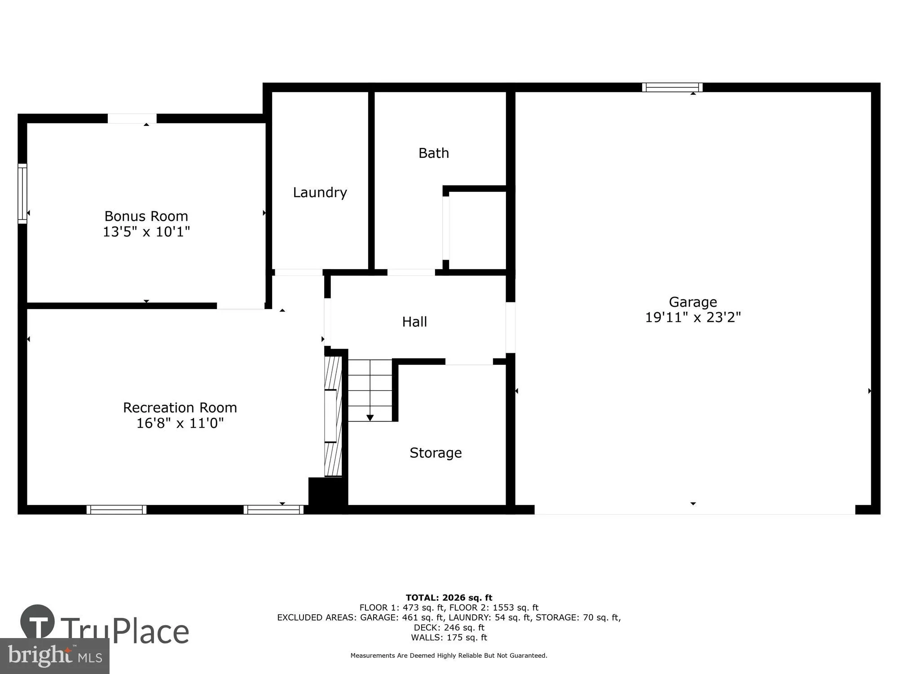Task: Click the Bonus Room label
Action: [x=146, y=216]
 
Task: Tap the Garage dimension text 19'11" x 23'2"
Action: [x=692, y=318]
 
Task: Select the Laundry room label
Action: [x=320, y=192]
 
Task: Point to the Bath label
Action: [x=433, y=153]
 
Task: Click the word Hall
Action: [x=414, y=322]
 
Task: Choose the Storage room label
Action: [x=435, y=452]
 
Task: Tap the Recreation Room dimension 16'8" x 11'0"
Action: [x=180, y=423]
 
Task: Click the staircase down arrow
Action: [x=370, y=418]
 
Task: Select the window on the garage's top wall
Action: [x=672, y=87]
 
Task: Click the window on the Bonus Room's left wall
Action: [x=22, y=193]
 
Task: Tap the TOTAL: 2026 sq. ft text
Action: [x=449, y=598]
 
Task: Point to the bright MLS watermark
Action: [x=54, y=656]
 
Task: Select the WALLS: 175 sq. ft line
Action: [x=449, y=637]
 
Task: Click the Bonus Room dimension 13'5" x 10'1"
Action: [x=146, y=232]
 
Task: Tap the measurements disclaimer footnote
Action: [x=449, y=656]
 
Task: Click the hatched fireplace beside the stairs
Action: [x=333, y=416]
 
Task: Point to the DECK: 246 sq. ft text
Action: [x=449, y=627]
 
